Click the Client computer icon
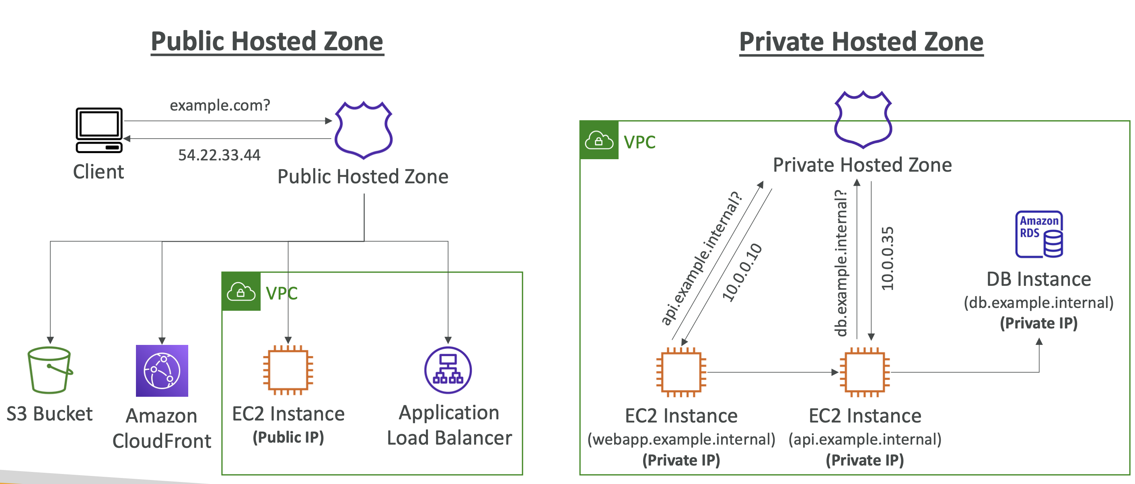(x=99, y=130)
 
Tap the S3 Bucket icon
(x=50, y=370)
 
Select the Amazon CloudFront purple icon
(x=162, y=371)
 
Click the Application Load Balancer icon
(x=448, y=370)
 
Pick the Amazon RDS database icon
(x=1039, y=234)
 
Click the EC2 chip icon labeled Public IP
(x=288, y=370)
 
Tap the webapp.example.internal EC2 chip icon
(x=681, y=372)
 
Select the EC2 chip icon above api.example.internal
(x=864, y=372)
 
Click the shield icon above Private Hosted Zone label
(x=863, y=119)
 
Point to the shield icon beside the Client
(x=364, y=130)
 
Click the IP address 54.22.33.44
(x=219, y=155)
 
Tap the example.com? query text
(x=220, y=105)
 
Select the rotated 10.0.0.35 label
(x=887, y=258)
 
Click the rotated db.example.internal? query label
(x=841, y=263)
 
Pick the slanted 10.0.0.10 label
(x=742, y=272)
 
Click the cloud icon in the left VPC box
(x=241, y=291)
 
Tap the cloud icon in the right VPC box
(x=599, y=140)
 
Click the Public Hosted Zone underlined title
(x=267, y=41)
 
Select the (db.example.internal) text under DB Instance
(x=1038, y=303)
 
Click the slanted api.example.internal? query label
(x=701, y=258)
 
